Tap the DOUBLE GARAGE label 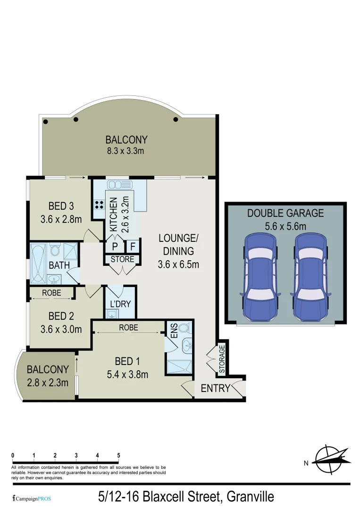(x=285, y=213)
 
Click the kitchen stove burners (x=100, y=205)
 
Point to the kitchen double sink (x=115, y=184)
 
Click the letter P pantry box (x=115, y=246)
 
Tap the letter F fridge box (x=133, y=246)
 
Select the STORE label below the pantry (x=122, y=259)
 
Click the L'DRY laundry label (x=120, y=304)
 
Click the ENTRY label (x=215, y=389)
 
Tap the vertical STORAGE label (x=222, y=359)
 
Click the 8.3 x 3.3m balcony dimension (x=126, y=151)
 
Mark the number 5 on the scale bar (x=118, y=455)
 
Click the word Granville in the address (x=250, y=497)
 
